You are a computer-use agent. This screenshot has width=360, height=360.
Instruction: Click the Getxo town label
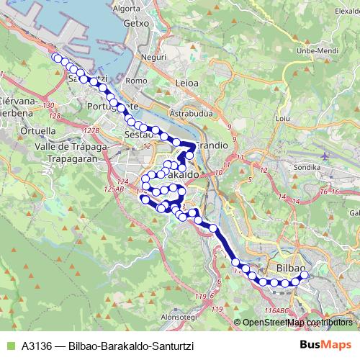[135, 22]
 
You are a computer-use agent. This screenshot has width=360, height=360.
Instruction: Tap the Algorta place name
[127, 9]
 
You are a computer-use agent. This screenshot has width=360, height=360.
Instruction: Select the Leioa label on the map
[186, 83]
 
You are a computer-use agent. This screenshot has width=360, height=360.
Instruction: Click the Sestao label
[137, 135]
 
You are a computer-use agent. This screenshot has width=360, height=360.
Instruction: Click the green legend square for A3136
[9, 346]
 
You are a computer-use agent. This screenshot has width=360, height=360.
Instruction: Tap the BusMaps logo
[325, 345]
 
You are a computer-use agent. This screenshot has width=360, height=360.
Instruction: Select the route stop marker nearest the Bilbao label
[303, 274]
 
